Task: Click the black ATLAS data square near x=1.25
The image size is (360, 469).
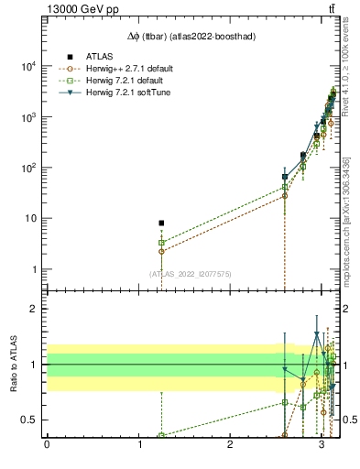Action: pos(161,223)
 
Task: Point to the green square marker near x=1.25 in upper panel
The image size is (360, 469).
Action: pos(161,243)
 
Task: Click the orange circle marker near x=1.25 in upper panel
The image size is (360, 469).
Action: pos(161,251)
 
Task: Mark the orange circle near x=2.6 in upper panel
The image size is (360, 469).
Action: pos(285,196)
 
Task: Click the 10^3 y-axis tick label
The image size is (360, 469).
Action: pos(28,117)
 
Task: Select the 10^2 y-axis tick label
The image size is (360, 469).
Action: pos(28,168)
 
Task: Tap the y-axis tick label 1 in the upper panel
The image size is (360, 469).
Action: pos(34,269)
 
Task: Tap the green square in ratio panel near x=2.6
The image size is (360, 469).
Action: pos(285,402)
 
